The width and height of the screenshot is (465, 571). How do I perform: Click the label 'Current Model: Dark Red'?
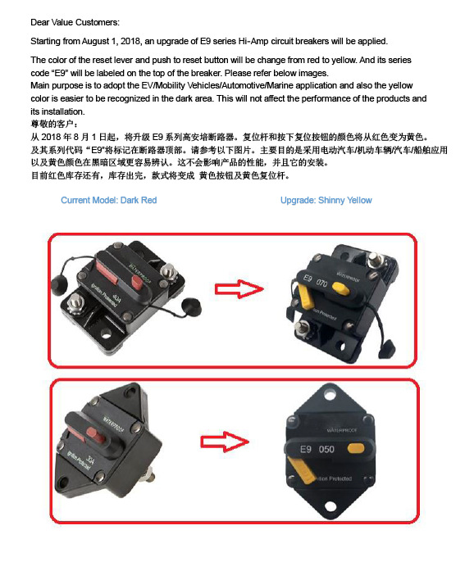(x=108, y=200)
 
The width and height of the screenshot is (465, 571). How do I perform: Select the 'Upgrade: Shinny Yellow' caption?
(x=326, y=200)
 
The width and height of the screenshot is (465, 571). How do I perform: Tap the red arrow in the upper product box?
(x=239, y=289)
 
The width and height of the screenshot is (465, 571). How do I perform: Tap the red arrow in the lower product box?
(x=225, y=442)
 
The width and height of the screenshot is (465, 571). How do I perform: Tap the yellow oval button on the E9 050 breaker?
(x=356, y=449)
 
